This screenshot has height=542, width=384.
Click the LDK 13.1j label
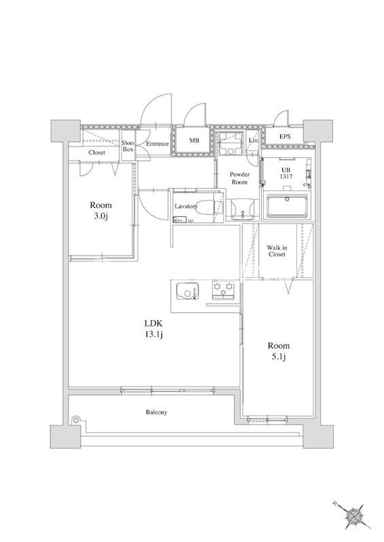(153, 329)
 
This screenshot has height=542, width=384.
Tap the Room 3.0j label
(101, 211)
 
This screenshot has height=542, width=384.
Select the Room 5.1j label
(278, 351)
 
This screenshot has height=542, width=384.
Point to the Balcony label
(157, 412)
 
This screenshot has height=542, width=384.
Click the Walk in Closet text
(277, 251)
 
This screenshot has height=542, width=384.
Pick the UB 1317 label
(286, 173)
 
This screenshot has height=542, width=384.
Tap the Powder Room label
(239, 178)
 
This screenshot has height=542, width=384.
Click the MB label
(193, 140)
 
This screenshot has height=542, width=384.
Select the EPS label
(285, 137)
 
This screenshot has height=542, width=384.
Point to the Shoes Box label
(128, 146)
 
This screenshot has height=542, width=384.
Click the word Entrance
(157, 144)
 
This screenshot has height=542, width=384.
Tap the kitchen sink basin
(187, 291)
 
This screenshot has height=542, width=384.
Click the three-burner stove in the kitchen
(223, 289)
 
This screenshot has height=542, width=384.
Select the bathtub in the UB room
(287, 206)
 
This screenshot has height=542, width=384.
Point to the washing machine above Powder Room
(230, 144)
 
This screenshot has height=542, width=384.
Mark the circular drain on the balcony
(75, 420)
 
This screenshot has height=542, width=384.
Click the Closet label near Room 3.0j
(96, 152)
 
